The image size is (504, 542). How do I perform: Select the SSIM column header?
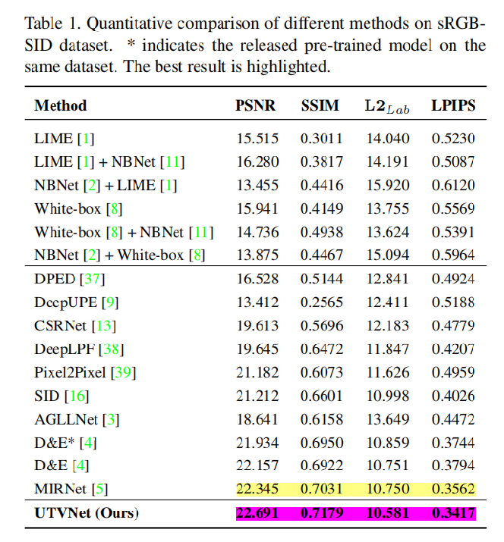coord(321,105)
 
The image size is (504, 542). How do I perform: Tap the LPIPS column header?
coord(454,105)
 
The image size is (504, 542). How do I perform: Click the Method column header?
coord(61,105)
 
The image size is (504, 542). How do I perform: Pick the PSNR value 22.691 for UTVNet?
coord(257,513)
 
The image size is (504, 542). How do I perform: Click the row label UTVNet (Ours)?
coord(87,513)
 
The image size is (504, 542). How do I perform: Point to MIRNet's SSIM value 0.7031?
coord(322,490)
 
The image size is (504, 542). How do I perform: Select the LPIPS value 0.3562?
coord(454,490)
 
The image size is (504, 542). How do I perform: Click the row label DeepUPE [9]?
coord(76,302)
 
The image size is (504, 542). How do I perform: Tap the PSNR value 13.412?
coord(257,302)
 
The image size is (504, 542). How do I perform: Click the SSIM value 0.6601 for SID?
coord(322,396)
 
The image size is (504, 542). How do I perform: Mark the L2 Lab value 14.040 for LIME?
coord(387,139)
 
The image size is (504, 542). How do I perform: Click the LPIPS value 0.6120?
coord(454,186)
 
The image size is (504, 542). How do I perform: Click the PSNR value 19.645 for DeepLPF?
coord(257,349)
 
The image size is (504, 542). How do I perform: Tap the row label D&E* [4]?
coord(65,443)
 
